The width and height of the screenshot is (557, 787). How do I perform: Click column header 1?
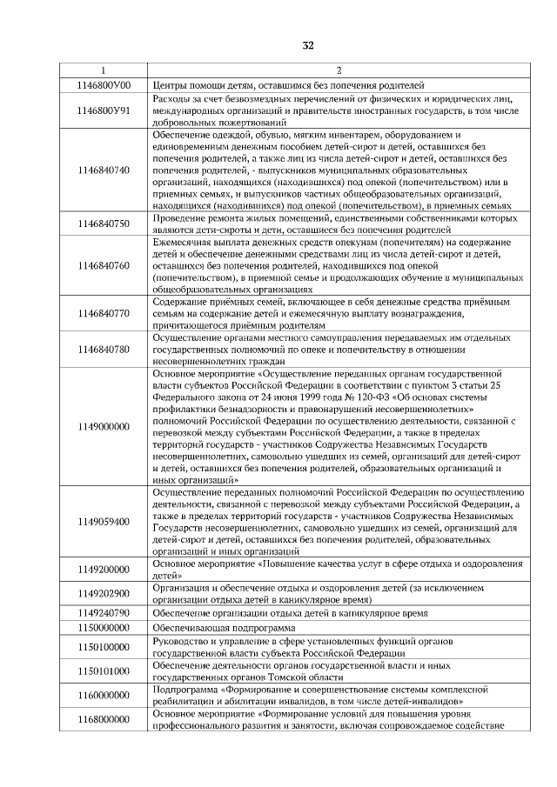click(x=103, y=70)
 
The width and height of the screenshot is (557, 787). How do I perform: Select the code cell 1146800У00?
click(x=103, y=85)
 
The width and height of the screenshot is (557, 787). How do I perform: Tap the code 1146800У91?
click(x=103, y=111)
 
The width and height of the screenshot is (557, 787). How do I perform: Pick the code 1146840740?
click(x=103, y=170)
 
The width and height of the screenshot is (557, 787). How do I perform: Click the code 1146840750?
click(x=103, y=223)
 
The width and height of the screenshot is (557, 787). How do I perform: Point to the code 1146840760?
click(x=103, y=264)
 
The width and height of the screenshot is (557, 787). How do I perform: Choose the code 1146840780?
click(x=103, y=349)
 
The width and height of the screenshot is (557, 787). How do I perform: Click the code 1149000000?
click(x=103, y=427)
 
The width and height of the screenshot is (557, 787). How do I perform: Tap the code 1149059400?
click(x=103, y=522)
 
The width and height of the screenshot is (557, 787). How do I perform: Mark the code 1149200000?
click(x=103, y=570)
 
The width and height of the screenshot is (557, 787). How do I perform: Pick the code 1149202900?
click(x=103, y=593)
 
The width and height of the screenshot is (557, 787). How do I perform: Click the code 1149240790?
click(x=103, y=612)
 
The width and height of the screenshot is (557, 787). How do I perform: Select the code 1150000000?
click(x=103, y=627)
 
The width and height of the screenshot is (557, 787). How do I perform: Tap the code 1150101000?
click(x=103, y=670)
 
